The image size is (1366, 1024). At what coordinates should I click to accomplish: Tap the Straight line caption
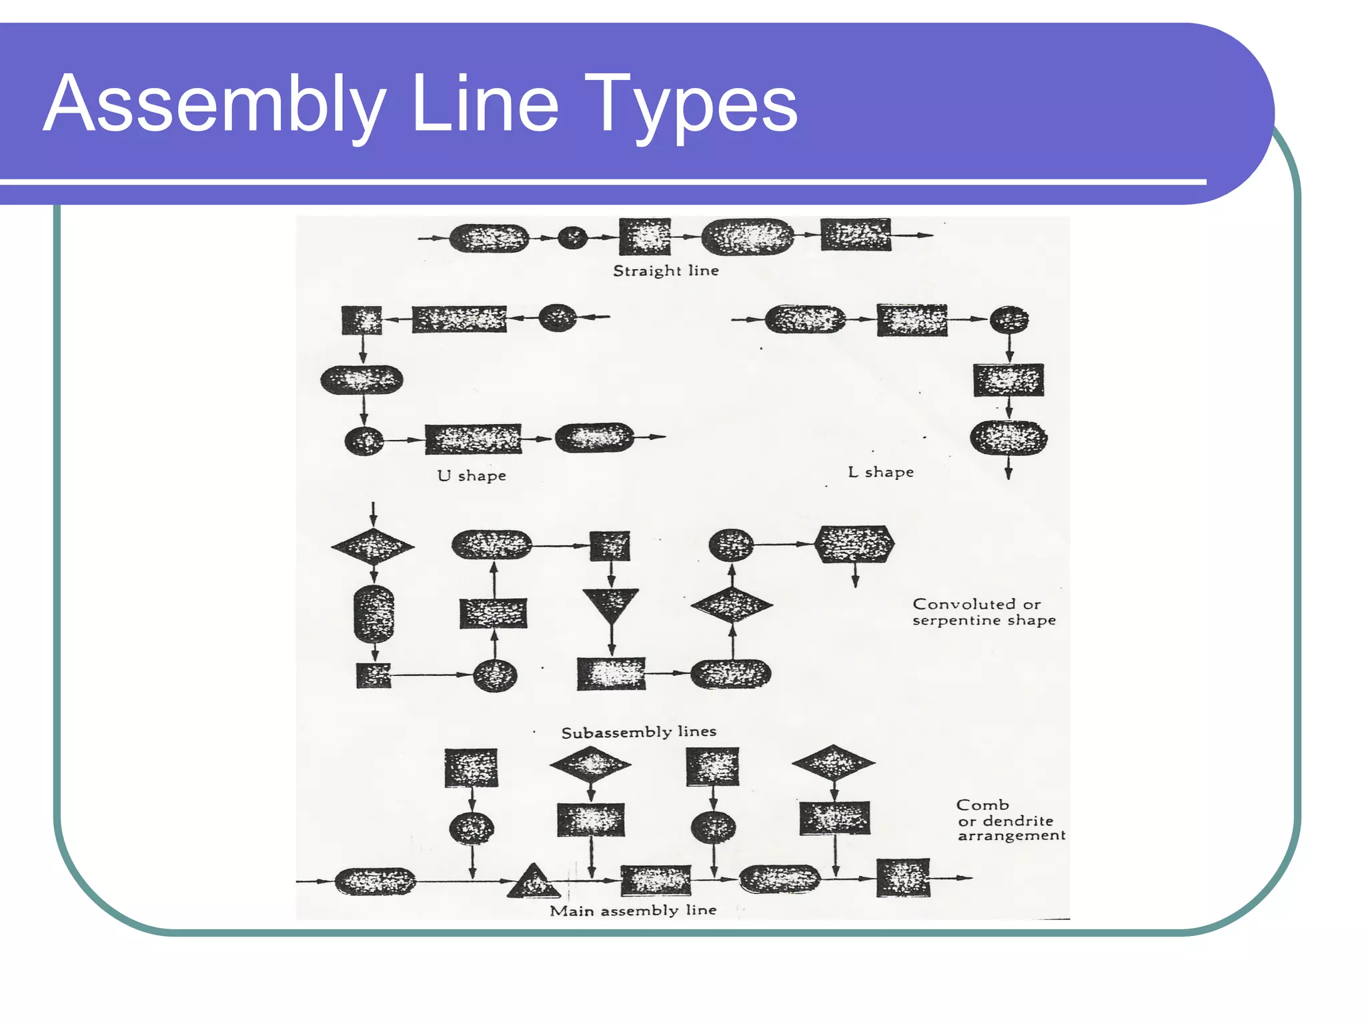click(x=666, y=271)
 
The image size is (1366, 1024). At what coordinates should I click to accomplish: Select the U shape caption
click(x=472, y=475)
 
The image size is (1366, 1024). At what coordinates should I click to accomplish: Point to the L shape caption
click(x=880, y=472)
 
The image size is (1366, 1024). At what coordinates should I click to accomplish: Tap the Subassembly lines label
click(x=638, y=732)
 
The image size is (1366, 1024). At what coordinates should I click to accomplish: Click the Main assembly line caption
click(x=632, y=910)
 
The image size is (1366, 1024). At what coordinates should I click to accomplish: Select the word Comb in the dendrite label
click(x=982, y=805)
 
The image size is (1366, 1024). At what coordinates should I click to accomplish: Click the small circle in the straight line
click(x=572, y=237)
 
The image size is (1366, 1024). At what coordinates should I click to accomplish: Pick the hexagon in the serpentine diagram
click(x=854, y=544)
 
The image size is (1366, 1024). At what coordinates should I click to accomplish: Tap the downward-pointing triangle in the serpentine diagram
click(x=610, y=603)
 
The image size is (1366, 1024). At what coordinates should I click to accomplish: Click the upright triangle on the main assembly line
click(x=533, y=883)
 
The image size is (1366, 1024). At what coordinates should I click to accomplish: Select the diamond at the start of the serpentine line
click(x=373, y=547)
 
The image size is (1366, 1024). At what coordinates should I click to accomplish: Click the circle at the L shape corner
click(x=1008, y=320)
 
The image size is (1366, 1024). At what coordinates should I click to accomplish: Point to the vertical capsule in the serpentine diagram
click(x=374, y=614)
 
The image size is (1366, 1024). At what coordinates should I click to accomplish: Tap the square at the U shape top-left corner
click(x=362, y=321)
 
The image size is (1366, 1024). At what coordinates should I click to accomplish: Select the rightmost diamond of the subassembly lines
click(x=833, y=763)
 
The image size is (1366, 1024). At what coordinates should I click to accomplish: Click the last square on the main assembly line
click(x=902, y=878)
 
